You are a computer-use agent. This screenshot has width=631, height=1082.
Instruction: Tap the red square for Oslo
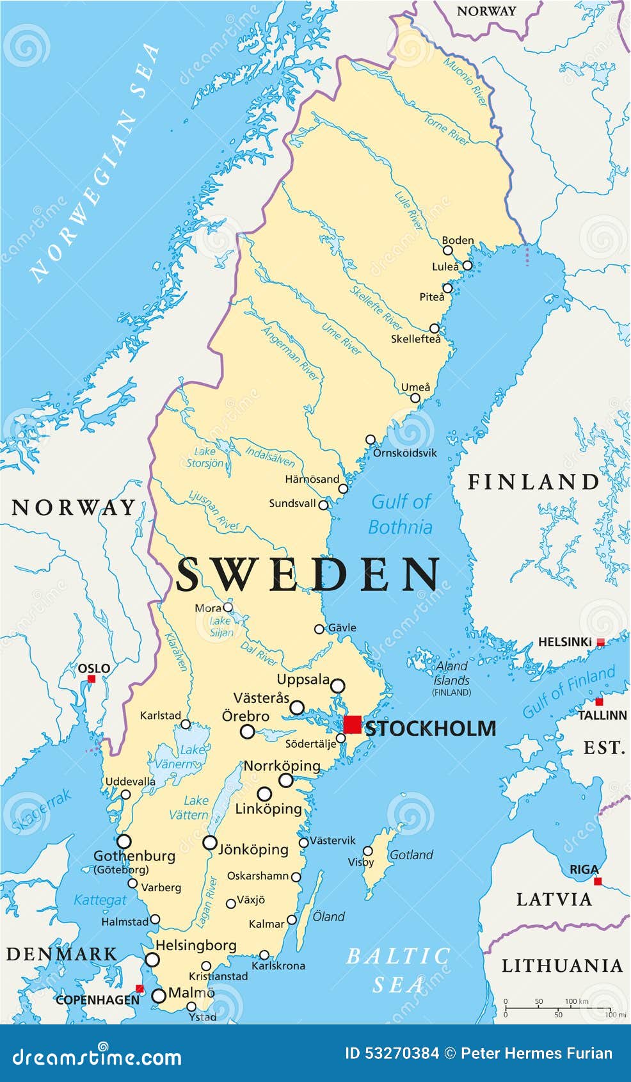coord(92,679)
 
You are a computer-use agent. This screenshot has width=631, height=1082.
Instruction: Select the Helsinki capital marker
coord(600,642)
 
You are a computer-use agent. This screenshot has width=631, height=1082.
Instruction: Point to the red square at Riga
coord(598,882)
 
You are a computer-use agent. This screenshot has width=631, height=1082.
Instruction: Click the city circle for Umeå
coord(415,398)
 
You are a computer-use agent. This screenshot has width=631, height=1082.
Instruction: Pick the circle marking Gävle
coord(319,629)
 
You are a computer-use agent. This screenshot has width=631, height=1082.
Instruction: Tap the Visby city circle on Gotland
coord(368,851)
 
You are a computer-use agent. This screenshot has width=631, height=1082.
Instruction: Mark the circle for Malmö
coord(159,996)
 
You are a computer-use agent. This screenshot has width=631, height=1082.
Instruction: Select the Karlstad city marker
coord(186,724)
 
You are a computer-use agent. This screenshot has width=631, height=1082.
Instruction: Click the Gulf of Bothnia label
coord(401,514)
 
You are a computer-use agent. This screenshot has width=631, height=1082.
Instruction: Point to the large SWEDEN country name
coord(308,574)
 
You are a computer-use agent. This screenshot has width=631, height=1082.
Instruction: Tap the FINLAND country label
coord(533,482)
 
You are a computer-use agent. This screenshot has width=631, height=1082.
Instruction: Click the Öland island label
coord(328,917)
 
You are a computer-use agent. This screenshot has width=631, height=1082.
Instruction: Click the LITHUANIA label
coord(561,965)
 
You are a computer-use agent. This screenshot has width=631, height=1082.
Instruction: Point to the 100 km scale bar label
coord(577,1001)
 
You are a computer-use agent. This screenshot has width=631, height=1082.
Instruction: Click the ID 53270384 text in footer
coord(391,1053)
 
